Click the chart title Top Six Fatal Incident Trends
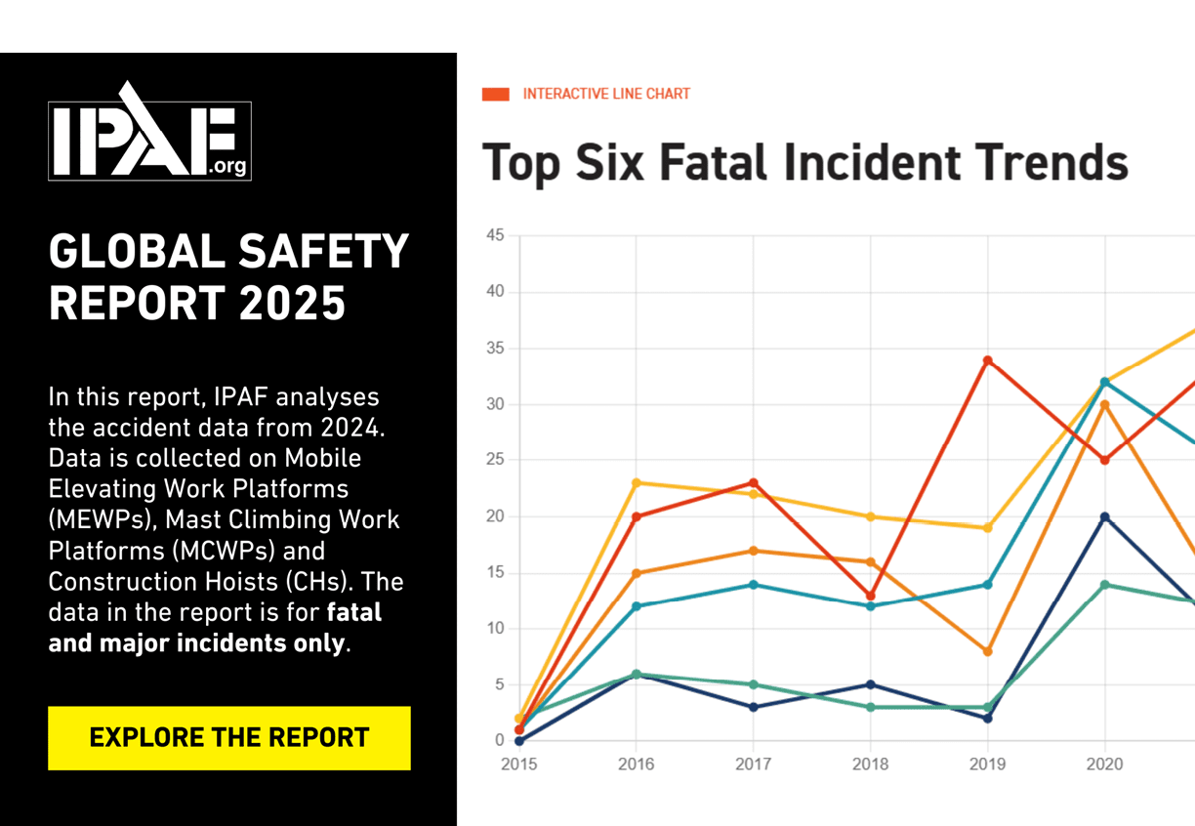(805, 163)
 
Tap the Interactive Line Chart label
(606, 94)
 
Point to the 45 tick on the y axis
(494, 235)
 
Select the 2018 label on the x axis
(870, 764)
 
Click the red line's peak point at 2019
(987, 360)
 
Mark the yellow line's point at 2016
(636, 482)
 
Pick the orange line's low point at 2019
(987, 651)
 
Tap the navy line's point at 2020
(1104, 516)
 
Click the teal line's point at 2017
(753, 584)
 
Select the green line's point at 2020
(1104, 584)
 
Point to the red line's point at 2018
(870, 596)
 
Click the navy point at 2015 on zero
(518, 741)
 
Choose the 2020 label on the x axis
(1104, 764)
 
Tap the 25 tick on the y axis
(494, 460)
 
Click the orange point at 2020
(1104, 404)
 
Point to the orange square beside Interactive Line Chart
(496, 94)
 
